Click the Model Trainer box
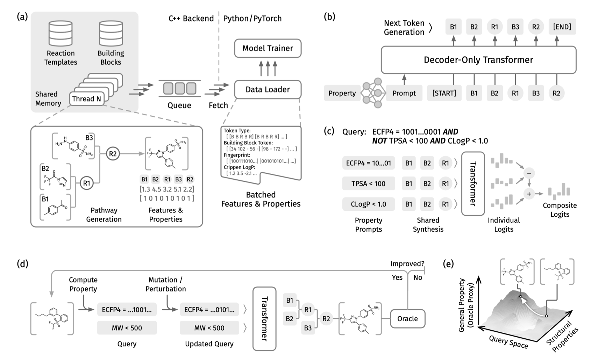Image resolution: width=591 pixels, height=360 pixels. pos(268,48)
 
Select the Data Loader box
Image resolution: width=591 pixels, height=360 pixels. pos(268,89)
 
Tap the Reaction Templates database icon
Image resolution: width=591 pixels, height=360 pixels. pos(60,34)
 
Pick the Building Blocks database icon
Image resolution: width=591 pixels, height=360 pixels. pos(111,34)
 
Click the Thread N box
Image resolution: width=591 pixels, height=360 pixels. pos(86,99)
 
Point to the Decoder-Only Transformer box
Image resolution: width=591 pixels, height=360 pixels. pos(478,60)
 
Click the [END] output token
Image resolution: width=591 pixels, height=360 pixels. pos(562,27)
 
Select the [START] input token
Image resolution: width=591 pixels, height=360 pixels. pos(444,93)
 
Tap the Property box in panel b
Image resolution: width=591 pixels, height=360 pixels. pos(342,93)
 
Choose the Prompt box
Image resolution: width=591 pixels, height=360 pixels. pos(404,93)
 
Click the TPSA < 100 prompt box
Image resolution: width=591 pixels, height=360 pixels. pos(368,183)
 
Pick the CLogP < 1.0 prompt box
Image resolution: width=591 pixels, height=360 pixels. pos(368,204)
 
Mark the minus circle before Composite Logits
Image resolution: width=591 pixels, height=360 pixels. pos(529,173)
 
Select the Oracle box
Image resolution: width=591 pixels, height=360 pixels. pos(407,318)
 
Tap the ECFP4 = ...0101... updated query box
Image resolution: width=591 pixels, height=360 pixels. pos(209,310)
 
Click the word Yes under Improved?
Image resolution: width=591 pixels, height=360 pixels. pos(397,278)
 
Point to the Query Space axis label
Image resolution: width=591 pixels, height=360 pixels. pos(508,341)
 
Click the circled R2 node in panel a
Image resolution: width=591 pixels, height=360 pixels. pos(113,154)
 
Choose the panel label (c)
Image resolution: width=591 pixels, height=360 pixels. pos(329,131)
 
